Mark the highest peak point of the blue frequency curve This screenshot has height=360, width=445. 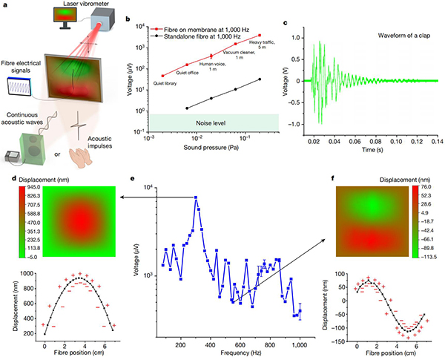coord(196,197)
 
